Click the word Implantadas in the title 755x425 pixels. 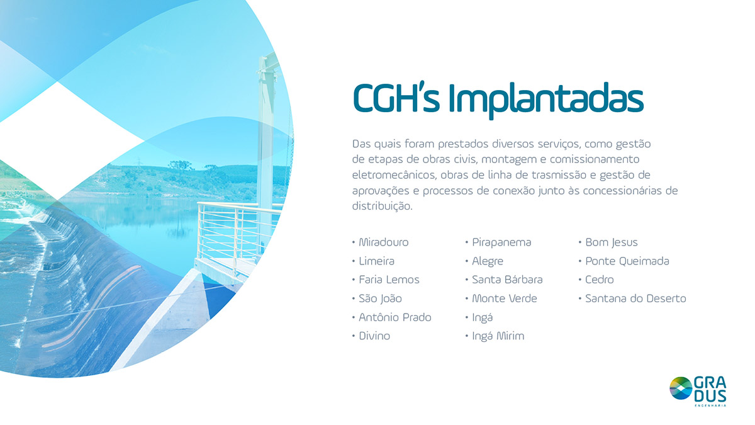[546, 101]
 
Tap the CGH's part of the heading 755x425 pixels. [396, 98]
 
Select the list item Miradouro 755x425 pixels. [384, 242]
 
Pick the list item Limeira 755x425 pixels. [376, 261]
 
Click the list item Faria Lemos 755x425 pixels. [389, 280]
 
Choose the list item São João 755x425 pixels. [380, 298]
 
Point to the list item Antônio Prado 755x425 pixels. [395, 317]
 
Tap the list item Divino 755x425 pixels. [374, 336]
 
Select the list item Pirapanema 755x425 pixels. [501, 242]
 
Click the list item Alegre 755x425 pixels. [488, 261]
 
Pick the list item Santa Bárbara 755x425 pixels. [507, 280]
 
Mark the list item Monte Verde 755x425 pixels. [505, 298]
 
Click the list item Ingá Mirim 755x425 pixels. [498, 336]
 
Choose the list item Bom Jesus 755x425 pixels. [612, 242]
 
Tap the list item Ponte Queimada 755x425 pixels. [627, 261]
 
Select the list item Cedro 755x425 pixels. [599, 280]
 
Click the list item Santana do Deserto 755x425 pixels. [635, 298]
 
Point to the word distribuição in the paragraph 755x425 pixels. [383, 206]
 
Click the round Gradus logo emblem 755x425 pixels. [681, 388]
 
